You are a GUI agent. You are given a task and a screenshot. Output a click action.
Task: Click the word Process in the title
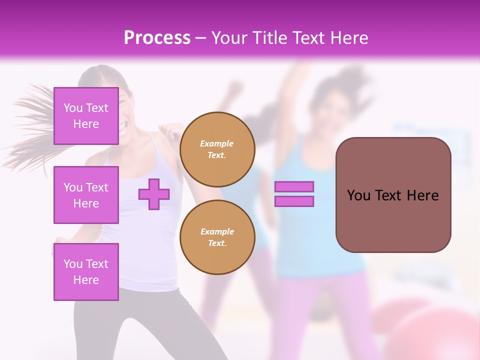pos(157,37)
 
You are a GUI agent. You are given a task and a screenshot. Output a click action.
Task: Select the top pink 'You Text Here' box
pos(86,116)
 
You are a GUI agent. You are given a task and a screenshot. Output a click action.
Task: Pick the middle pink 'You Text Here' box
pos(86,195)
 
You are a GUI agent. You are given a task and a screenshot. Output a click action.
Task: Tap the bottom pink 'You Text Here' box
pos(86,272)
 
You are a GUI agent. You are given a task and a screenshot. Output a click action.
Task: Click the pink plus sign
pos(154,194)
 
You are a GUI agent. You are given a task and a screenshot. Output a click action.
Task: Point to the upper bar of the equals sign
pos(294,186)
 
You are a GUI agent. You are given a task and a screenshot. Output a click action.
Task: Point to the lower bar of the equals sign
pos(294,201)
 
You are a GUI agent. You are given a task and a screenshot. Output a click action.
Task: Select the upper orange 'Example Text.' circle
pos(217,149)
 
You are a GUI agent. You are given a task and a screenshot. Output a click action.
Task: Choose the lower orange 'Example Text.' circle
pos(217,237)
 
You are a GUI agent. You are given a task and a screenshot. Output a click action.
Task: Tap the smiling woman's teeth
pos(123,127)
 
